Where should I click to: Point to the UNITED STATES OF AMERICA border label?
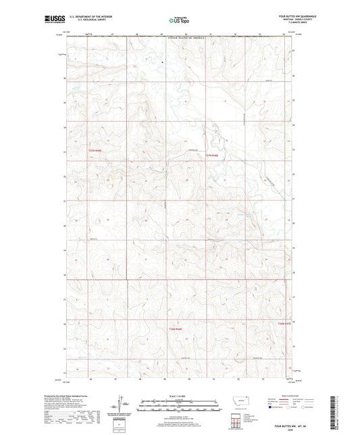(179, 41)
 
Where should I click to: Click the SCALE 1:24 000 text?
(178, 396)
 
